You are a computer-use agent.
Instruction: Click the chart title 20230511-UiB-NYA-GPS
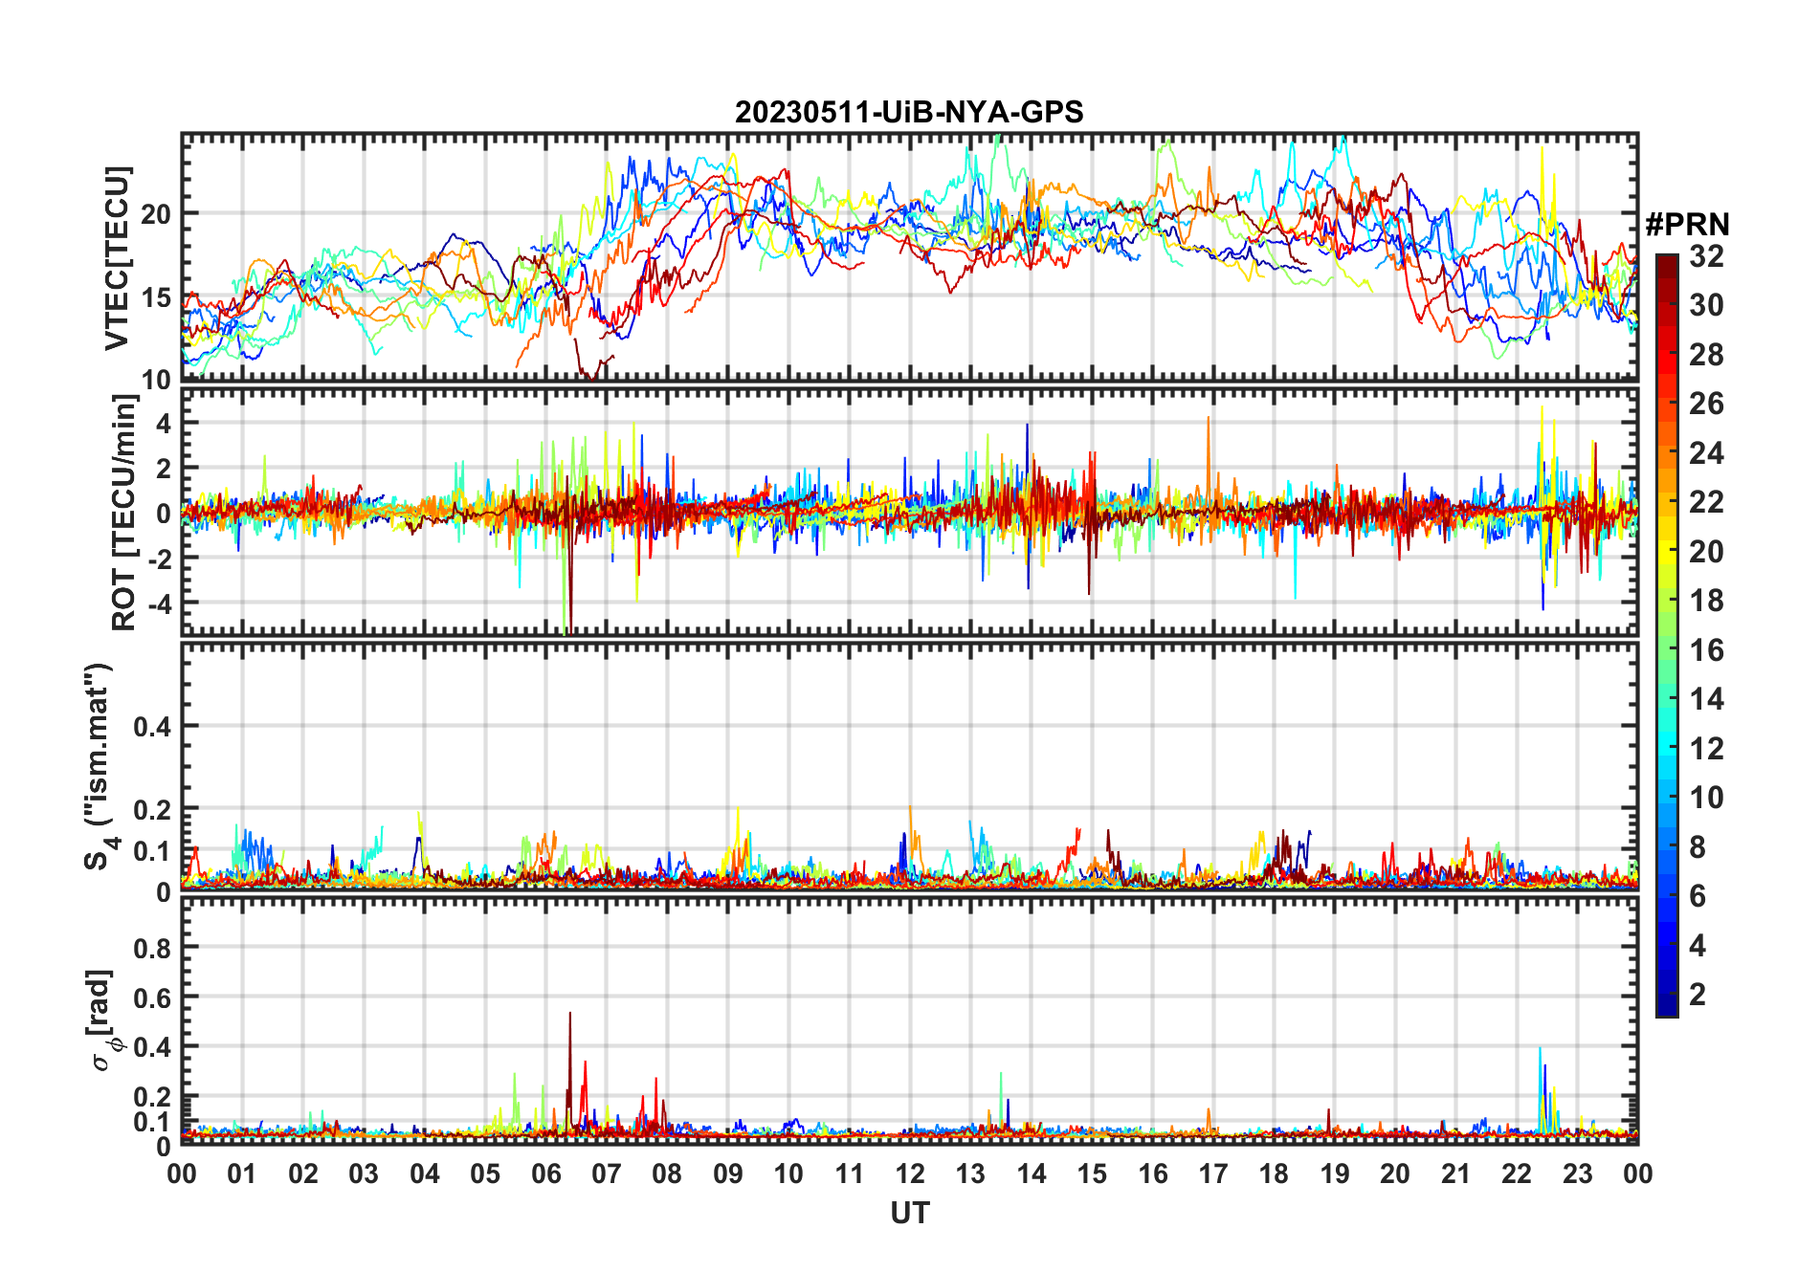(x=909, y=113)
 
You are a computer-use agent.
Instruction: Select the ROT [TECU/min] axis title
(x=124, y=513)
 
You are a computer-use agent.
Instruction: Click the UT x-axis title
(x=909, y=1213)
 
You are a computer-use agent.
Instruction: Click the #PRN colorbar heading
(x=1687, y=225)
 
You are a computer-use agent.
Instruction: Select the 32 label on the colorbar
(x=1706, y=256)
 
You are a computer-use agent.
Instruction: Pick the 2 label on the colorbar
(x=1698, y=995)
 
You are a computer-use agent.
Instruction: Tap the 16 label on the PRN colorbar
(x=1706, y=650)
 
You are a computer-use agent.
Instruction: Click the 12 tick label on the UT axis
(x=910, y=1173)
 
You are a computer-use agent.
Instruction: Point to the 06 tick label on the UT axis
(x=545, y=1173)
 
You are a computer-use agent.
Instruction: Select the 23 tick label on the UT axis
(x=1577, y=1173)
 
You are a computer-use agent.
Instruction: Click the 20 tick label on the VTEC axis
(x=156, y=214)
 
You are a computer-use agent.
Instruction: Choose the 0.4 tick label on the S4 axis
(x=152, y=727)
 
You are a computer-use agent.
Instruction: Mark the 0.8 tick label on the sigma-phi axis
(x=152, y=948)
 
